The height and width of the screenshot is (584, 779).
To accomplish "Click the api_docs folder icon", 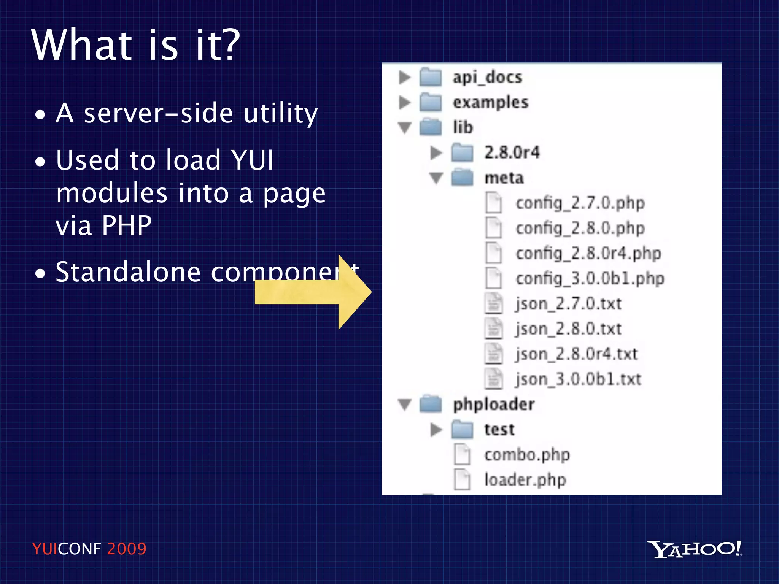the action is click(x=431, y=77).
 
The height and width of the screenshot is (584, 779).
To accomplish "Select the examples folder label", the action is click(x=490, y=102).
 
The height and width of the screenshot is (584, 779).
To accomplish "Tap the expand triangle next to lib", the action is click(x=405, y=128).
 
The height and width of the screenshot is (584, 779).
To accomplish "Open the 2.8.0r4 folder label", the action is click(x=512, y=152).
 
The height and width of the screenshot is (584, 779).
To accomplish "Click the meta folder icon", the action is click(x=462, y=178).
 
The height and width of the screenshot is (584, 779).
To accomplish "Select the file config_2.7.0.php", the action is click(x=580, y=203).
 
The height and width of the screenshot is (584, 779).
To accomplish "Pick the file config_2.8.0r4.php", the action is click(x=588, y=253).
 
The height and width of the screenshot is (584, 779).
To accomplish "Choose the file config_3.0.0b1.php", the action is click(x=590, y=278).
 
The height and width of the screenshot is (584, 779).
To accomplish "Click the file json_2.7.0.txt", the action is click(x=568, y=304).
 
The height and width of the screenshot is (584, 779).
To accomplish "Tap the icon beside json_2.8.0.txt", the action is click(x=494, y=328).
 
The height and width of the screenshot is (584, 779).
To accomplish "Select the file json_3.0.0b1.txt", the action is click(x=578, y=379).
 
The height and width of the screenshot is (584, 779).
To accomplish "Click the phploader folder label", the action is click(x=494, y=404).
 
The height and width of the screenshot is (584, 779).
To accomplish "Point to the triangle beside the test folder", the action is click(x=436, y=430).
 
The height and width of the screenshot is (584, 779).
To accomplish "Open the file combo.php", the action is click(x=527, y=455).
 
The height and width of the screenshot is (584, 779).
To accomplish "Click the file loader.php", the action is click(x=525, y=480).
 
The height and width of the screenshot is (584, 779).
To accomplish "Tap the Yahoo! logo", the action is click(x=695, y=549).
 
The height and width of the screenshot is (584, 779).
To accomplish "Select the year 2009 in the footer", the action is click(x=127, y=549).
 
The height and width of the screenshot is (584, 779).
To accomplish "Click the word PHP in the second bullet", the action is click(x=126, y=225).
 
